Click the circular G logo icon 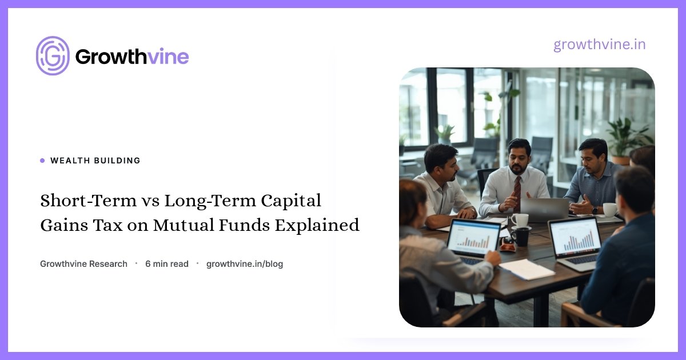pyautogui.click(x=53, y=56)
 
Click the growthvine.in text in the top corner pyautogui.click(x=599, y=45)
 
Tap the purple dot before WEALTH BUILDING pyautogui.click(x=42, y=161)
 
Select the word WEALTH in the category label pyautogui.click(x=70, y=161)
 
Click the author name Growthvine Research pyautogui.click(x=83, y=264)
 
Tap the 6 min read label pyautogui.click(x=167, y=264)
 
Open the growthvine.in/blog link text pyautogui.click(x=245, y=264)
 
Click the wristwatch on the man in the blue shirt pyautogui.click(x=595, y=210)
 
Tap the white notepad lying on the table pyautogui.click(x=527, y=269)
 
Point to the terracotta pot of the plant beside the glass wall pyautogui.click(x=620, y=161)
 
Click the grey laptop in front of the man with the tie pyautogui.click(x=544, y=209)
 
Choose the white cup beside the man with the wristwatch pyautogui.click(x=609, y=210)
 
